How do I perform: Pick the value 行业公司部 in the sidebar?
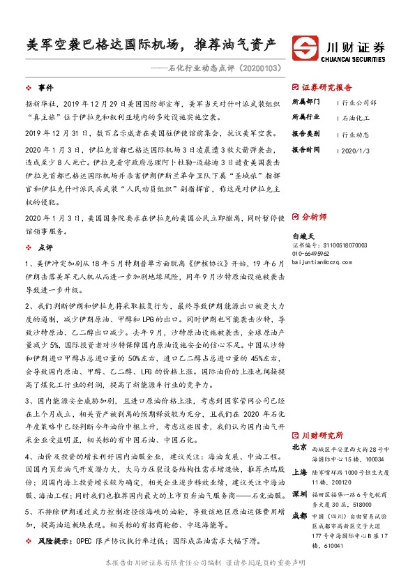point(360,102)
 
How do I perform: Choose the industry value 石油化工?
point(356,118)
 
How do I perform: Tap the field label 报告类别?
point(305,134)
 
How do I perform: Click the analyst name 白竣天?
point(305,237)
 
